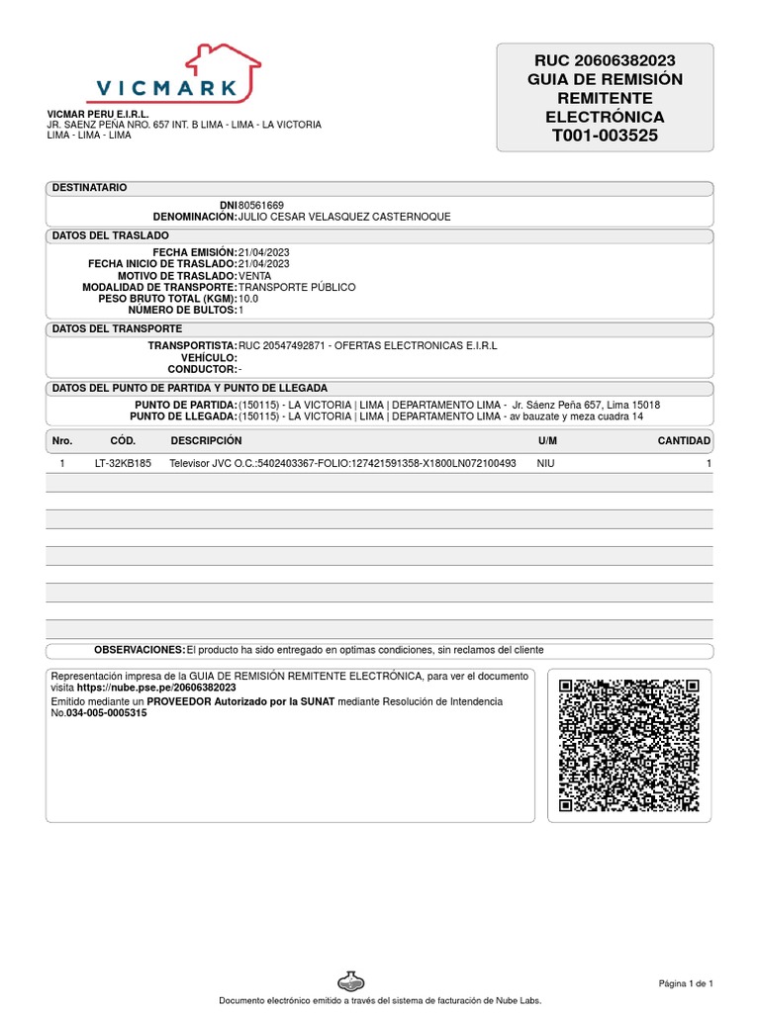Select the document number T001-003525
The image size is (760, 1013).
pyautogui.click(x=605, y=136)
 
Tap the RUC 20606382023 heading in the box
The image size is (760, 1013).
pyautogui.click(x=605, y=60)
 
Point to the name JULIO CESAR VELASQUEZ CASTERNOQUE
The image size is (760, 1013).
pyautogui.click(x=344, y=217)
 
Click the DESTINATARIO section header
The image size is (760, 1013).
pyautogui.click(x=89, y=188)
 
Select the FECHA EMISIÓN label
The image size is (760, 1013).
pyautogui.click(x=195, y=252)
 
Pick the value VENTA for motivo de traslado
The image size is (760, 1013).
pyautogui.click(x=255, y=276)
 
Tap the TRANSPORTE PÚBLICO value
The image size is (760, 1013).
pyautogui.click(x=297, y=288)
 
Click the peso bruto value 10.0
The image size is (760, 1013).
pyautogui.click(x=248, y=299)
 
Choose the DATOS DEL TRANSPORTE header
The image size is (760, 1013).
pyautogui.click(x=117, y=328)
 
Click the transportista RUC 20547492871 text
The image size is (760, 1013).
pyautogui.click(x=280, y=345)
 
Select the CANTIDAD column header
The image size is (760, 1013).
pyautogui.click(x=684, y=440)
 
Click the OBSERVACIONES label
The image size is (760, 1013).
pyautogui.click(x=140, y=650)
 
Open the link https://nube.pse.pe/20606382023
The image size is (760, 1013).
pyautogui.click(x=156, y=687)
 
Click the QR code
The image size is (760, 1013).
pyautogui.click(x=628, y=744)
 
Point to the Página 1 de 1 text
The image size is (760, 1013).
pyautogui.click(x=686, y=982)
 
